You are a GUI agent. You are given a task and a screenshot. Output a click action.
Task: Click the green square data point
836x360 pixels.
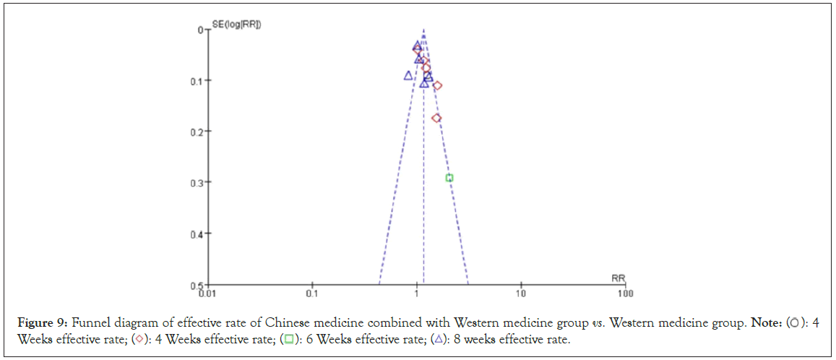tap(449, 178)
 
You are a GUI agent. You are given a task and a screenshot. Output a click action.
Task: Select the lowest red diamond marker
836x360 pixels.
tap(436, 118)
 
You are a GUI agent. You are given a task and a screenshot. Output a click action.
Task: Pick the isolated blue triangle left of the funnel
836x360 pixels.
tap(408, 75)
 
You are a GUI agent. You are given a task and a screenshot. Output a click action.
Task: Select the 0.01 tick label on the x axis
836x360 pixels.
tap(207, 293)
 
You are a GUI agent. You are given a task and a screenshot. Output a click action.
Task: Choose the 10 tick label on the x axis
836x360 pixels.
tap(520, 293)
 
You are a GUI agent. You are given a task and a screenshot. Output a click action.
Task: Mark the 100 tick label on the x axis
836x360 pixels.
tap(625, 293)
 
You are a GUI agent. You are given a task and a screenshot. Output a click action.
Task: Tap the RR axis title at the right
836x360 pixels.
tap(618, 278)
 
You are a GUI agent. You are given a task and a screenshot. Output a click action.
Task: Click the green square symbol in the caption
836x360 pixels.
tap(288, 340)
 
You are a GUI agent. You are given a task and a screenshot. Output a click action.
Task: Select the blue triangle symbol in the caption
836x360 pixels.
tap(439, 340)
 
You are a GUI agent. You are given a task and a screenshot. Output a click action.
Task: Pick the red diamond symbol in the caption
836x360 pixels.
tap(139, 340)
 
